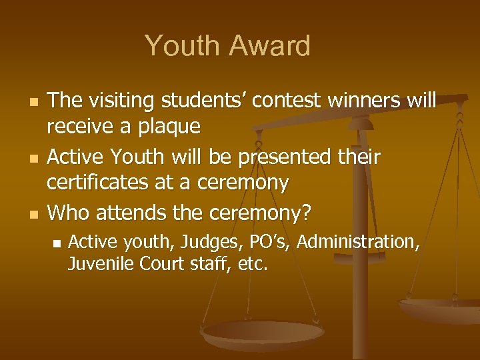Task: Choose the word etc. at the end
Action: [253, 265]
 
